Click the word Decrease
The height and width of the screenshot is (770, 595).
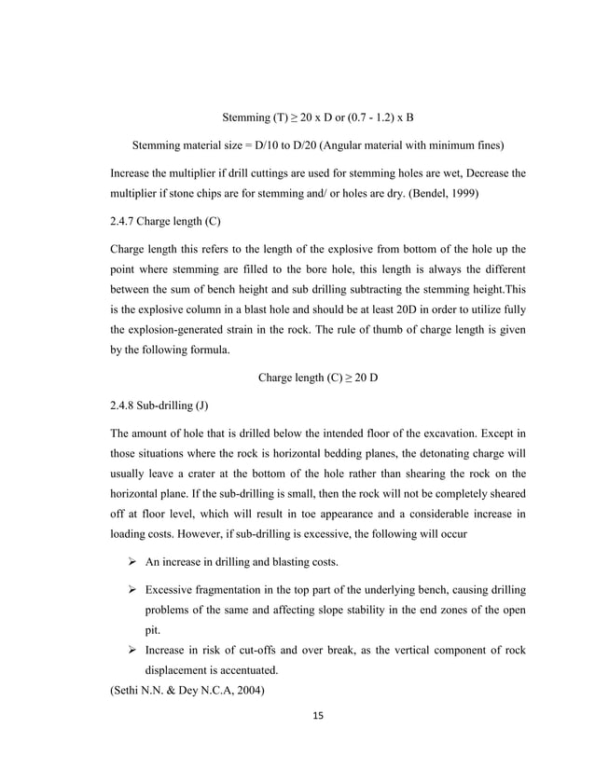click(485, 173)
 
